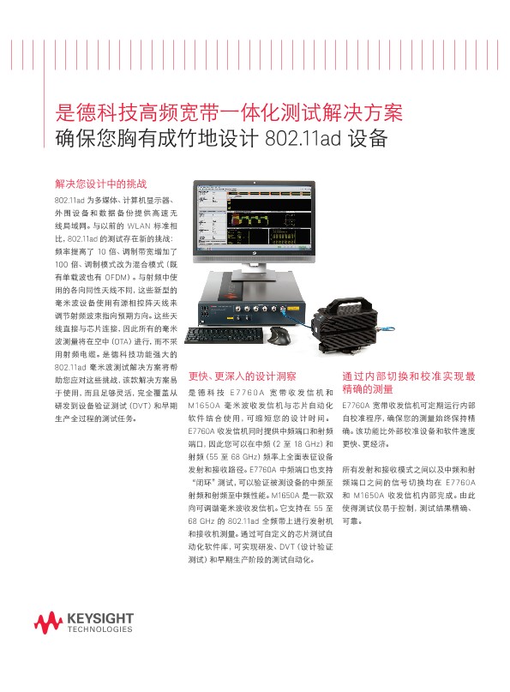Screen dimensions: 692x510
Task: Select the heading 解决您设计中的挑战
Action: click(x=101, y=184)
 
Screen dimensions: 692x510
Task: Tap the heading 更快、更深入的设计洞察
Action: click(x=242, y=376)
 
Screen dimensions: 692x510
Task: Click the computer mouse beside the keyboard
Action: click(x=279, y=332)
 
